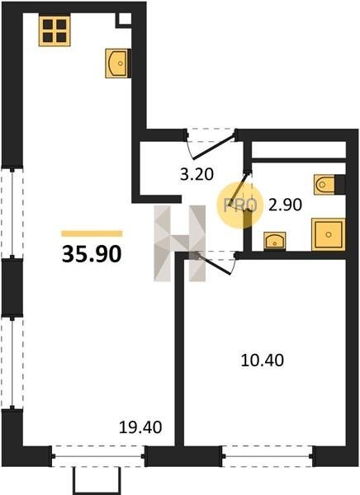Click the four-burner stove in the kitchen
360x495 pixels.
[54, 31]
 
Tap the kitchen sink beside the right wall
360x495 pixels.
[118, 64]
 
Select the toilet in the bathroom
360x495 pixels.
[329, 184]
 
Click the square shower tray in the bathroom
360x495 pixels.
[328, 234]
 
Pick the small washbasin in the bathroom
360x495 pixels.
[274, 242]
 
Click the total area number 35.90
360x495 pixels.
[92, 254]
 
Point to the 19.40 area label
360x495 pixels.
[140, 427]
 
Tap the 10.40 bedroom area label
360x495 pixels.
[263, 361]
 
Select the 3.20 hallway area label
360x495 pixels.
[197, 174]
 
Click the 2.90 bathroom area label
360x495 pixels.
[285, 205]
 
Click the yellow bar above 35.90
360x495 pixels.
[92, 233]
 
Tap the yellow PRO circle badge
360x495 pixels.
[239, 205]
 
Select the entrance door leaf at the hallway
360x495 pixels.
[215, 147]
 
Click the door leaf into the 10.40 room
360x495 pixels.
[214, 264]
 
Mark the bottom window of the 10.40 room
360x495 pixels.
[268, 456]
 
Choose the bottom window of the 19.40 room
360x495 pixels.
[98, 456]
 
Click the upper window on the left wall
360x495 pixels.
[12, 213]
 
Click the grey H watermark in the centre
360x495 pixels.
[179, 243]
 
